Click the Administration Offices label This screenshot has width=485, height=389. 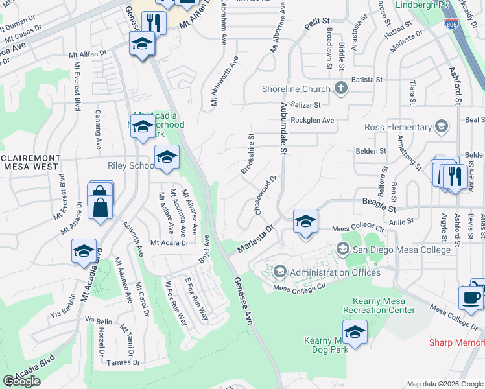pos(335,272)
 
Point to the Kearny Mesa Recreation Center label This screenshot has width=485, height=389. pos(384,305)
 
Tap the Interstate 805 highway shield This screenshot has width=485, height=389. pos(451,24)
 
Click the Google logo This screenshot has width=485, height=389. pos(21,381)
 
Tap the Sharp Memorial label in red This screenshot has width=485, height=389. pos(456,342)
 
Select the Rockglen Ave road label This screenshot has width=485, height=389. pos(312,121)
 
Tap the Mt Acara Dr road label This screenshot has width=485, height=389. pos(169,243)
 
